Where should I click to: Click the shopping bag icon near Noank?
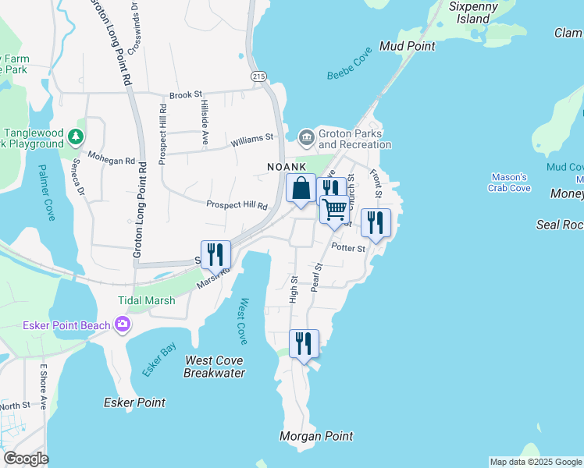tap(301, 188)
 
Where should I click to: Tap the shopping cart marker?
tap(334, 209)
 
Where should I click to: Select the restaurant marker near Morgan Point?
tap(304, 343)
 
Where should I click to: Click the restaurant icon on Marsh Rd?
tap(215, 254)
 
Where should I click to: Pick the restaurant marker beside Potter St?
tap(376, 223)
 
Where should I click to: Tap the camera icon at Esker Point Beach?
tap(122, 324)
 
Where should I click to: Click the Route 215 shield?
tap(258, 76)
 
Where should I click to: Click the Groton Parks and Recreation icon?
tap(305, 138)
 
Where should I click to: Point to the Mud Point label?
tap(407, 46)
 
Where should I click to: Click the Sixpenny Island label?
tap(468, 12)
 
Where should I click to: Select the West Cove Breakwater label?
tap(214, 367)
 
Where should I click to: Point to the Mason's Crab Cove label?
tap(509, 183)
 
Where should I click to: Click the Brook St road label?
tap(186, 95)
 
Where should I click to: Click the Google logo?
tap(26, 459)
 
